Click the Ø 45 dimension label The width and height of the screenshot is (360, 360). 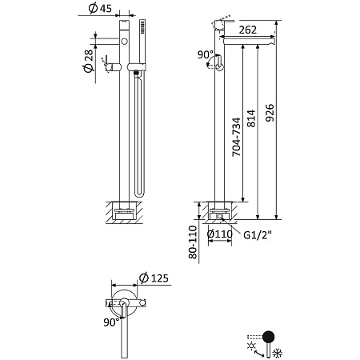pos(100,8)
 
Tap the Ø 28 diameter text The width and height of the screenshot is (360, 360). pos(89,61)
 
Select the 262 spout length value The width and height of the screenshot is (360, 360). pos(248,30)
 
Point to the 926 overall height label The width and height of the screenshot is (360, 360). pos(270,113)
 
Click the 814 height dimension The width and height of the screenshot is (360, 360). pos(251,118)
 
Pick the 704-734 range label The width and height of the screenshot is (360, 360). pos(236,137)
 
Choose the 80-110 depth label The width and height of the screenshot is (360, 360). pos(193,242)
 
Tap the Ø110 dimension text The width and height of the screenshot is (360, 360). pos(220,234)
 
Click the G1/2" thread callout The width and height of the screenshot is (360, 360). pos(258,235)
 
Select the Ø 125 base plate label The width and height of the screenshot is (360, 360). pos(154,278)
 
